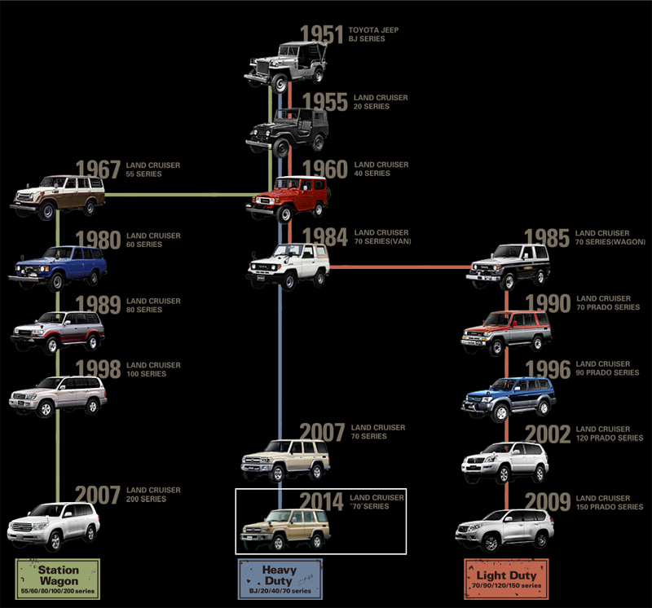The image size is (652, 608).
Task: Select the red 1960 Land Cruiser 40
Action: click(286, 199)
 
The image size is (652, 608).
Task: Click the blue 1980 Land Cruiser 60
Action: click(59, 267)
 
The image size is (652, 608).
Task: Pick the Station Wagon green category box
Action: click(57, 576)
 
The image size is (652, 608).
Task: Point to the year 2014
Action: click(321, 501)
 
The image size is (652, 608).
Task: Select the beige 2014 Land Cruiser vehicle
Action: click(286, 529)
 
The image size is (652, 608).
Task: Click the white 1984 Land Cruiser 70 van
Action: click(288, 265)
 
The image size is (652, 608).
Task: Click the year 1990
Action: click(548, 304)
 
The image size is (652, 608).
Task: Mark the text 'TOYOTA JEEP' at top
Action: click(373, 30)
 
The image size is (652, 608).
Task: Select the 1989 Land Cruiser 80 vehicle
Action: click(58, 330)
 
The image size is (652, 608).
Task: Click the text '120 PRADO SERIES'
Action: click(610, 438)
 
